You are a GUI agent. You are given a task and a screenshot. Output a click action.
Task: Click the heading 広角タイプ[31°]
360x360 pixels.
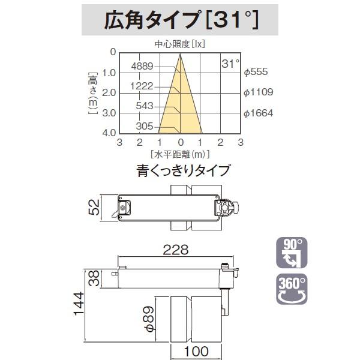(180, 22)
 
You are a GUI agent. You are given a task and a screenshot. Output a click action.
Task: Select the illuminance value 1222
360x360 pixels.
(144, 86)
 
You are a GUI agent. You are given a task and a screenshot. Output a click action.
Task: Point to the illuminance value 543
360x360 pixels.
(146, 106)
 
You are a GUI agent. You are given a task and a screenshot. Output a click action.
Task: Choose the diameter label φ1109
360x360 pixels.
(259, 92)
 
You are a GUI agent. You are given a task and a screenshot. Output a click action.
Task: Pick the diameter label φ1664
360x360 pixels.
(259, 113)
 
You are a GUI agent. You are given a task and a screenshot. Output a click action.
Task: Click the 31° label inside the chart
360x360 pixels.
(230, 63)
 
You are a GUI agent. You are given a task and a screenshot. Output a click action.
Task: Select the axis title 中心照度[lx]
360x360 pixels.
(181, 44)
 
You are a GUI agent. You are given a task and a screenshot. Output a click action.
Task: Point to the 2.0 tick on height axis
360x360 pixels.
(110, 92)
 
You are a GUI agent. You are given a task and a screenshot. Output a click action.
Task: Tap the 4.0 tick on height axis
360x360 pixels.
(110, 133)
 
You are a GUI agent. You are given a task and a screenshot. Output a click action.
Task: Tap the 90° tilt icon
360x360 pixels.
(292, 251)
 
